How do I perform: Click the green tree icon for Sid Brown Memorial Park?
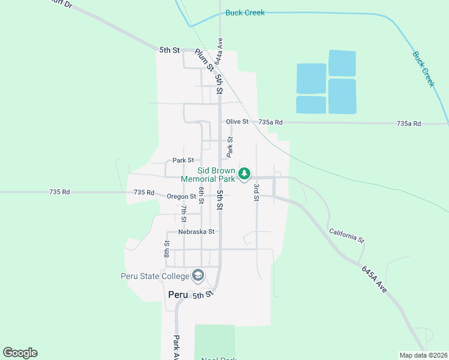point(244,174)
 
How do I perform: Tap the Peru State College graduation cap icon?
point(197,275)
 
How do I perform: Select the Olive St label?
point(237,122)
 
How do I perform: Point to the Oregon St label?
point(181,196)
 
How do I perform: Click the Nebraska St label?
point(196,232)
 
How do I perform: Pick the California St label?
point(346,235)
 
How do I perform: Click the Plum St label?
point(204,60)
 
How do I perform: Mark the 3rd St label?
point(256,192)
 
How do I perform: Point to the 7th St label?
point(184,212)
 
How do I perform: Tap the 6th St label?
point(202,195)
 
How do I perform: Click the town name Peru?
point(178,295)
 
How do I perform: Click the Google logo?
point(20,353)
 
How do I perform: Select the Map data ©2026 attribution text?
point(423,355)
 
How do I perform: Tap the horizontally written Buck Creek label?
point(245,13)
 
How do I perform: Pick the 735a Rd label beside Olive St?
point(270,122)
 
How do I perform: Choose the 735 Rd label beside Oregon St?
point(144,193)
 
